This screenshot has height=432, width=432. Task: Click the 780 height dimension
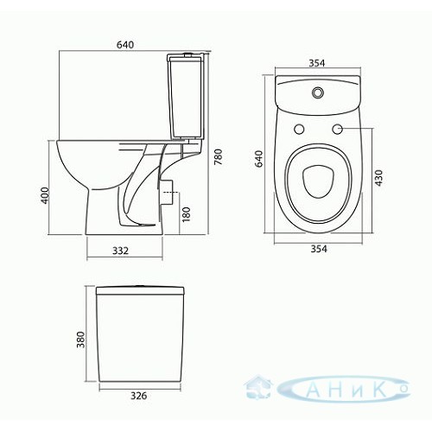[x=219, y=156]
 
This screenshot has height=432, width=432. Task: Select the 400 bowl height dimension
[x=45, y=195]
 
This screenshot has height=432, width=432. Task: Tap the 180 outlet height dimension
[x=187, y=214]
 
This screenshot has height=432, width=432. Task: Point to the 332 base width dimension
[x=120, y=251]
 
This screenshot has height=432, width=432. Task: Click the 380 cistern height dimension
[x=81, y=340]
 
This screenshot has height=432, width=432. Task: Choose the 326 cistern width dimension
[x=139, y=396]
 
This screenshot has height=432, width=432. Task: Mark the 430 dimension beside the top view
[x=379, y=178]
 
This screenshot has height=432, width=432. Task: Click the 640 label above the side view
[x=125, y=45]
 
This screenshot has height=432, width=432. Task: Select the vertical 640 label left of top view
[x=259, y=159]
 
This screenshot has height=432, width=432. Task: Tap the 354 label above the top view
[x=317, y=63]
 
